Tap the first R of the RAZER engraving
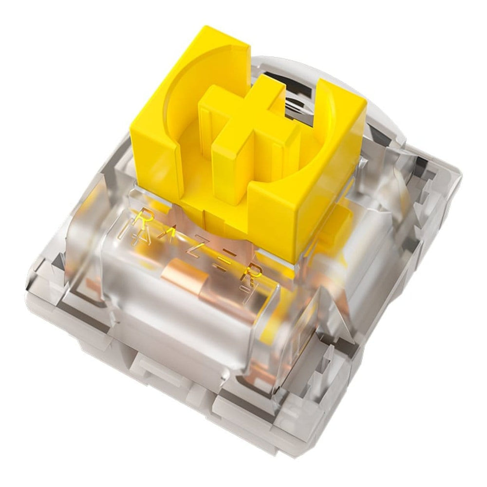coord(144,220)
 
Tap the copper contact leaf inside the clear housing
coord(187,277)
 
